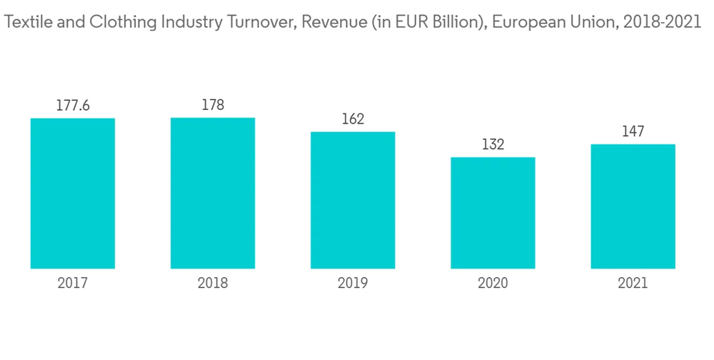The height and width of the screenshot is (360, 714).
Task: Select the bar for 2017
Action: coord(73,193)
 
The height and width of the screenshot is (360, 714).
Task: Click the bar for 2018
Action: coord(213,193)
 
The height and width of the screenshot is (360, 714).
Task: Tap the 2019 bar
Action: coord(353,200)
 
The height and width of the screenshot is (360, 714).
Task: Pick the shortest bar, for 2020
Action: coord(493,213)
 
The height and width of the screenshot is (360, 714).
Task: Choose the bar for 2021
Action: coord(633,206)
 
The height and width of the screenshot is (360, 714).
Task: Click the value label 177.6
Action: coord(73,106)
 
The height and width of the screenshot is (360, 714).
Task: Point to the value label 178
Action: coord(213,105)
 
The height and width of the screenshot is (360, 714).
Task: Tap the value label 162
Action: coord(353,119)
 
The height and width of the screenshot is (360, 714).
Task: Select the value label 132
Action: coord(493,145)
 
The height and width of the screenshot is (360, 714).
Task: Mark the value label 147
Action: coord(633,132)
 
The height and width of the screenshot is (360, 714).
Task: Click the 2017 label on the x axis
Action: coord(73,284)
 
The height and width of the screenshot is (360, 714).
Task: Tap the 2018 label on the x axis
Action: coord(213,284)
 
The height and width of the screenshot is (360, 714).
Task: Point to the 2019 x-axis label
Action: coord(353,284)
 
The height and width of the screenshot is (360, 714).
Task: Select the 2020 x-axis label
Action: coord(493,284)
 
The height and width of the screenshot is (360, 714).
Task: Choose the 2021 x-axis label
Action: coord(633,284)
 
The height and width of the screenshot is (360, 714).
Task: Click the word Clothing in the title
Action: coord(117,22)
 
